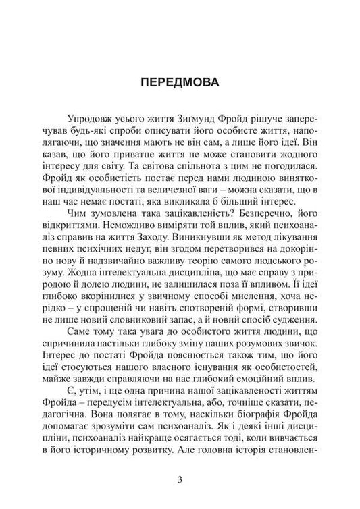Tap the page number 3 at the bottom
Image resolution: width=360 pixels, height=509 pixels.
click(x=180, y=481)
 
